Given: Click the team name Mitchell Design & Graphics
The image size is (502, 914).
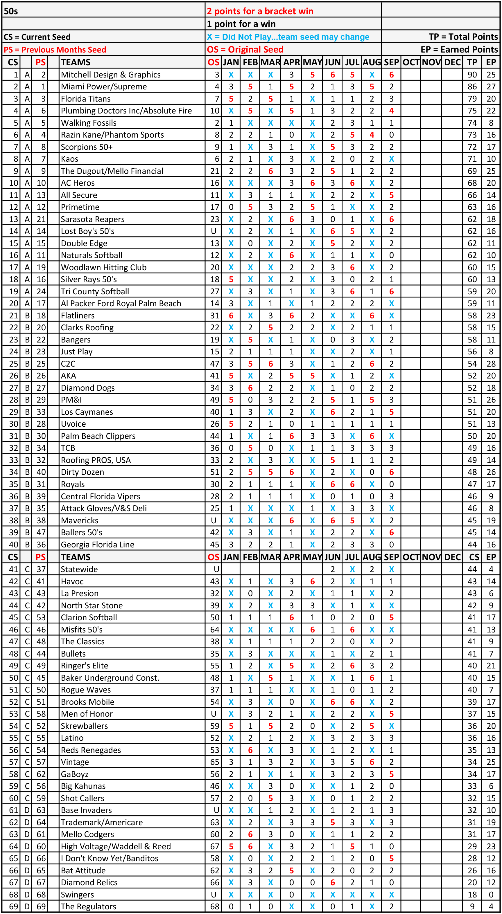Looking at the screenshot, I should point(111,75).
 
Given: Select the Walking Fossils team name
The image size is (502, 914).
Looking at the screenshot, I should point(89,123).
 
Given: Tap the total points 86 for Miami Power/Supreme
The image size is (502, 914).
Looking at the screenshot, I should point(472,86).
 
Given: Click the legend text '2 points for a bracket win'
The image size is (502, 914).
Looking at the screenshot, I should point(260,11).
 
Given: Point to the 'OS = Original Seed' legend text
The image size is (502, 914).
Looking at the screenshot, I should point(245,49).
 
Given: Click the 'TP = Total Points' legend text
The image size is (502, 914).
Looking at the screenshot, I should point(463,37).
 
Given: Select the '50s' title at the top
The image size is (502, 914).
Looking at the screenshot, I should point(11,11).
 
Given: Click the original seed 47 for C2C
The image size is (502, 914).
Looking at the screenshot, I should point(214,364).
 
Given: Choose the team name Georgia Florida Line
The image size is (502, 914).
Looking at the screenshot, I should point(98,544).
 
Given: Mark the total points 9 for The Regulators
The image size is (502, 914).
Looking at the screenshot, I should point(472,906).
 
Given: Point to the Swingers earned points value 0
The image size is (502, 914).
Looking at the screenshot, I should point(491,894).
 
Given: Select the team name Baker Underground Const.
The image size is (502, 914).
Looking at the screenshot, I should point(110,678).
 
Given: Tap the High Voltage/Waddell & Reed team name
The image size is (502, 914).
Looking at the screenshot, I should point(116,846).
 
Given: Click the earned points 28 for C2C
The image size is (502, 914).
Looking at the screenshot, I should point(491,364).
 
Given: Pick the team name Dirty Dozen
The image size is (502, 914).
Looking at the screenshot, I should point(83,472).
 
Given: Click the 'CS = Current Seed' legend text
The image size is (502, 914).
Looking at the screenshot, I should point(37,37).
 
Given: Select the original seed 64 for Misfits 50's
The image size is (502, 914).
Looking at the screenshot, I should point(214,630).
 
